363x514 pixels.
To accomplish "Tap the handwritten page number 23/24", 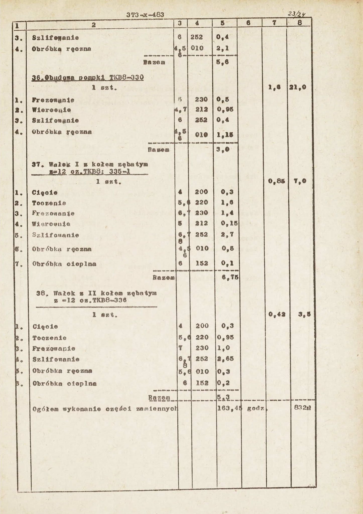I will (301, 14).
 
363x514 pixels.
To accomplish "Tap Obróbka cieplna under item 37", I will (64, 264).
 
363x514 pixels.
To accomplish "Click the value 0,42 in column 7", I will (276, 314).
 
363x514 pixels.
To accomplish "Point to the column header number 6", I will (248, 23).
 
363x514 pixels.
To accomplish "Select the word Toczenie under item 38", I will (49, 338).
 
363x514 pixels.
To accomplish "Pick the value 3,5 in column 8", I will (304, 314).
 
